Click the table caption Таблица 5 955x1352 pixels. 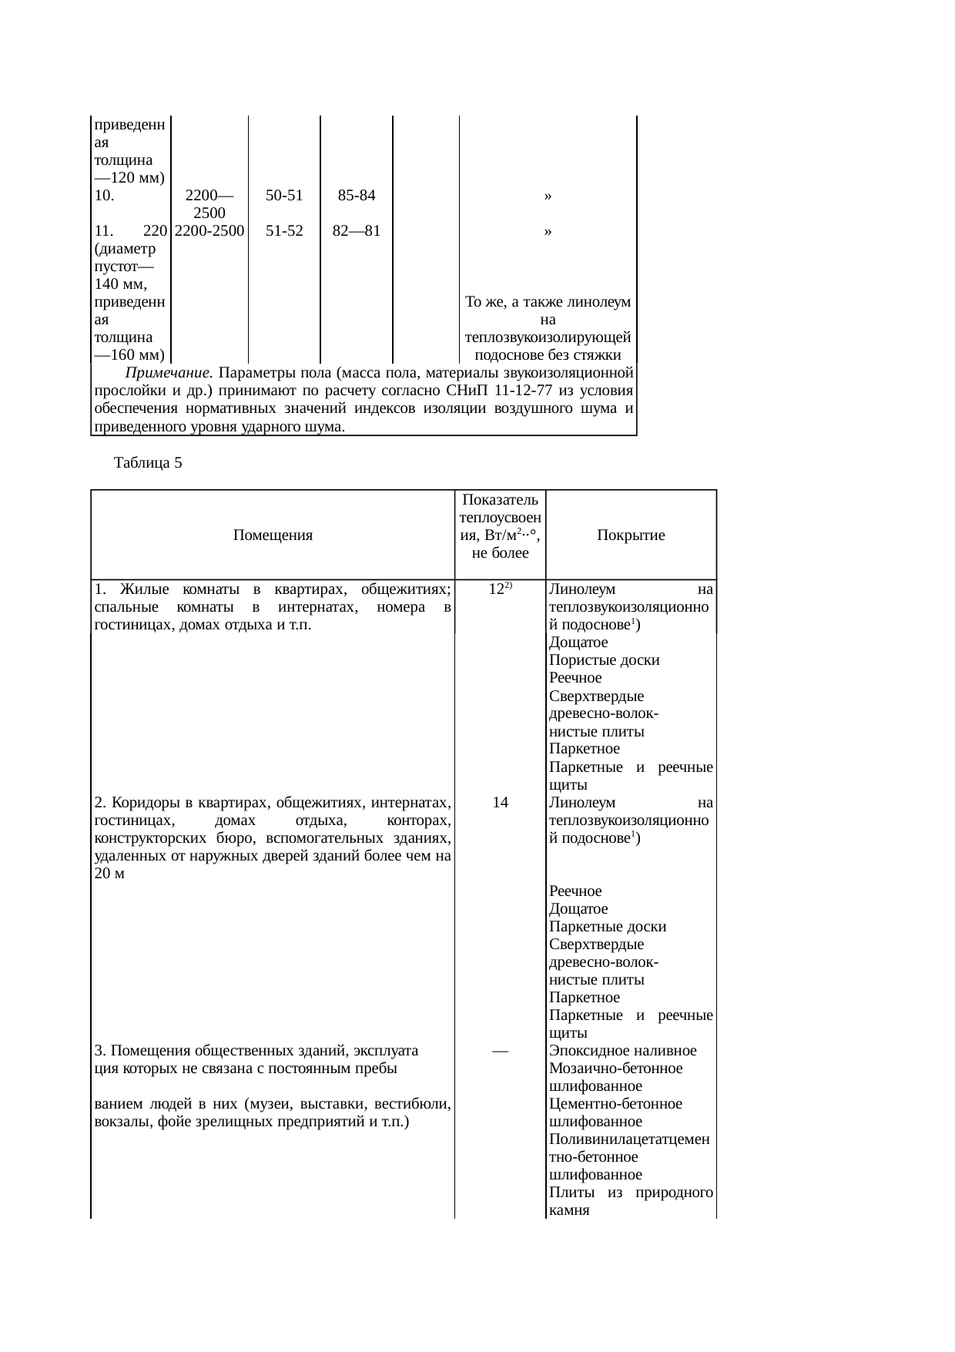coord(147,463)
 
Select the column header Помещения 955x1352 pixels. coord(273,535)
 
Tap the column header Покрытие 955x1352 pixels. coord(631,535)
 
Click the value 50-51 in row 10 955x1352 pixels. coord(284,196)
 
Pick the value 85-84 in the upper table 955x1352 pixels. coord(357,196)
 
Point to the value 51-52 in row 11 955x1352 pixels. coord(284,230)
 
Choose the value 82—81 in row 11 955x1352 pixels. coord(357,230)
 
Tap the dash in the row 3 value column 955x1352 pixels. coord(500,1051)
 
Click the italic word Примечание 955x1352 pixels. coord(168,374)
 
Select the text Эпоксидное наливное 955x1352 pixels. coord(623,1051)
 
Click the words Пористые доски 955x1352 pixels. coord(605,660)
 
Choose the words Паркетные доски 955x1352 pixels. coord(608,927)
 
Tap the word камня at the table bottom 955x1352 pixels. coord(569,1210)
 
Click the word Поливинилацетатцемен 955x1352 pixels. coord(629,1139)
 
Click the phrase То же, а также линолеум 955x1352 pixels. coord(548,302)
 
